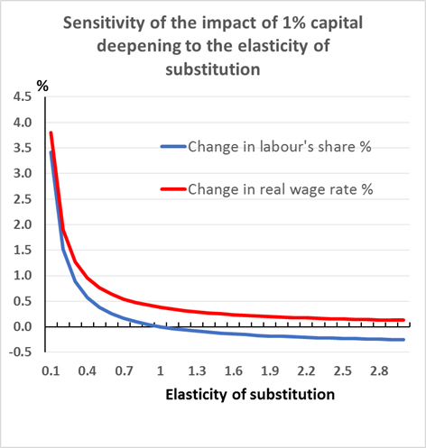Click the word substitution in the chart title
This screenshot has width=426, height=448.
coord(213,69)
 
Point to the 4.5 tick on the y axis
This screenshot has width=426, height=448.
coord(20,96)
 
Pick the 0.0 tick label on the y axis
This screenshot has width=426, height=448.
coord(20,326)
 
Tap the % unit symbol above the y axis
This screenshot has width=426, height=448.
coord(42,87)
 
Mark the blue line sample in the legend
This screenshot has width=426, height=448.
coord(171,147)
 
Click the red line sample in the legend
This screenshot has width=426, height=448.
coord(171,189)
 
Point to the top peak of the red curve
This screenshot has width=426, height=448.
coord(51,133)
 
